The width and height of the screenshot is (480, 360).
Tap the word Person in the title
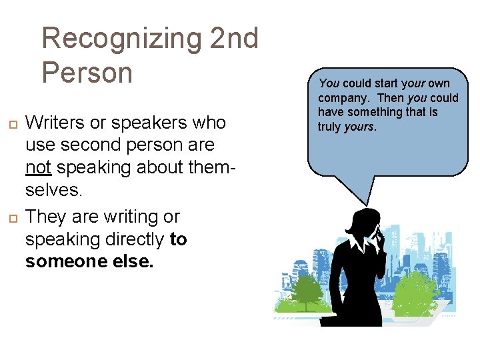[x=87, y=72]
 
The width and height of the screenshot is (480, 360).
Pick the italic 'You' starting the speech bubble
[x=329, y=83]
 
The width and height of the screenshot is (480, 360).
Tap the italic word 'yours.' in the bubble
[x=360, y=127]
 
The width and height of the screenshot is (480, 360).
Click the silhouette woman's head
[x=366, y=223]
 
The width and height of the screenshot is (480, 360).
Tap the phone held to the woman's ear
[x=377, y=233]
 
